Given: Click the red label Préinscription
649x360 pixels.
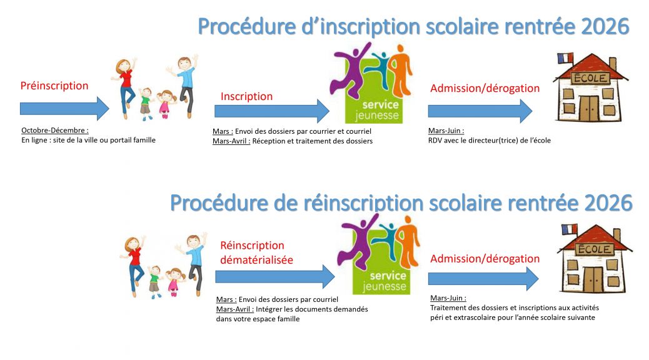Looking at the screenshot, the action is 54,86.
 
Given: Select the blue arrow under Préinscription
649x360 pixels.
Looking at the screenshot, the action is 64,109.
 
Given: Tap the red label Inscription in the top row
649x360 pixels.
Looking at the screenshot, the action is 246,96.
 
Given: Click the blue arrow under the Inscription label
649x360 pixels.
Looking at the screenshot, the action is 272,111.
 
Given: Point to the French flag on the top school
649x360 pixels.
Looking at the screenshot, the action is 565,58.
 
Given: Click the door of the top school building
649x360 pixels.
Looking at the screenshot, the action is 589,108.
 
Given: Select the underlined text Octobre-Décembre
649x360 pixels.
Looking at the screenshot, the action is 54,131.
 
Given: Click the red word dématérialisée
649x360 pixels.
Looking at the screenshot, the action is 256,260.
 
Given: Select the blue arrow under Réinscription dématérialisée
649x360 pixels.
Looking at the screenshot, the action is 275,277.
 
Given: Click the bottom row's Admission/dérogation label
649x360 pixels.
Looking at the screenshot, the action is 485,259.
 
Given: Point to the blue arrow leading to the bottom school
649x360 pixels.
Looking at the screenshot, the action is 483,279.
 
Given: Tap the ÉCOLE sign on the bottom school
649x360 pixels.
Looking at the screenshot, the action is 595,249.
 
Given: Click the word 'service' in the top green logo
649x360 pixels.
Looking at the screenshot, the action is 380,105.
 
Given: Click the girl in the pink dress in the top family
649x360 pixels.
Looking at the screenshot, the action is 166,104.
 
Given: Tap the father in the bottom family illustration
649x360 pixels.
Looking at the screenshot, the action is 193,262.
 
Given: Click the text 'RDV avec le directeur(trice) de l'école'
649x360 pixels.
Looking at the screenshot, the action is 489,140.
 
